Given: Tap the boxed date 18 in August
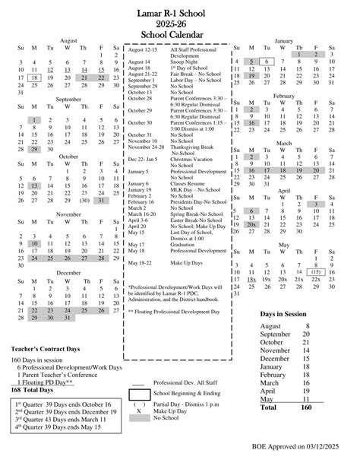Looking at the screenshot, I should [x=35, y=78].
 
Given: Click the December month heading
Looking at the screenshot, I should [x=68, y=271].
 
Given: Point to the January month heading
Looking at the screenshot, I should [x=283, y=40].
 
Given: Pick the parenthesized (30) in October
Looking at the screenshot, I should [x=85, y=201].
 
